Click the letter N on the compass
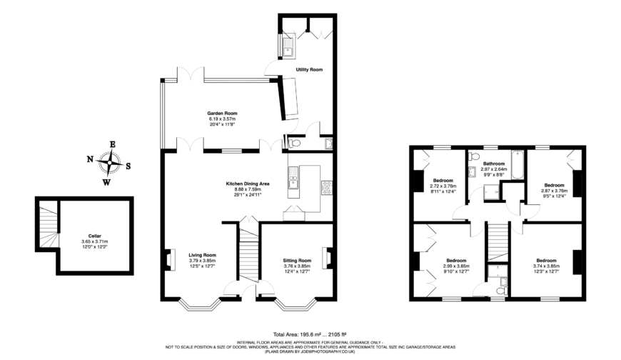pos(91,159)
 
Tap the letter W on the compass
pos(108,181)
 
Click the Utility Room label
pos(309,69)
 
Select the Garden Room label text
pos(222,113)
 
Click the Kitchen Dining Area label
pos(247,184)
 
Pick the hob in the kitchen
pos(328,187)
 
